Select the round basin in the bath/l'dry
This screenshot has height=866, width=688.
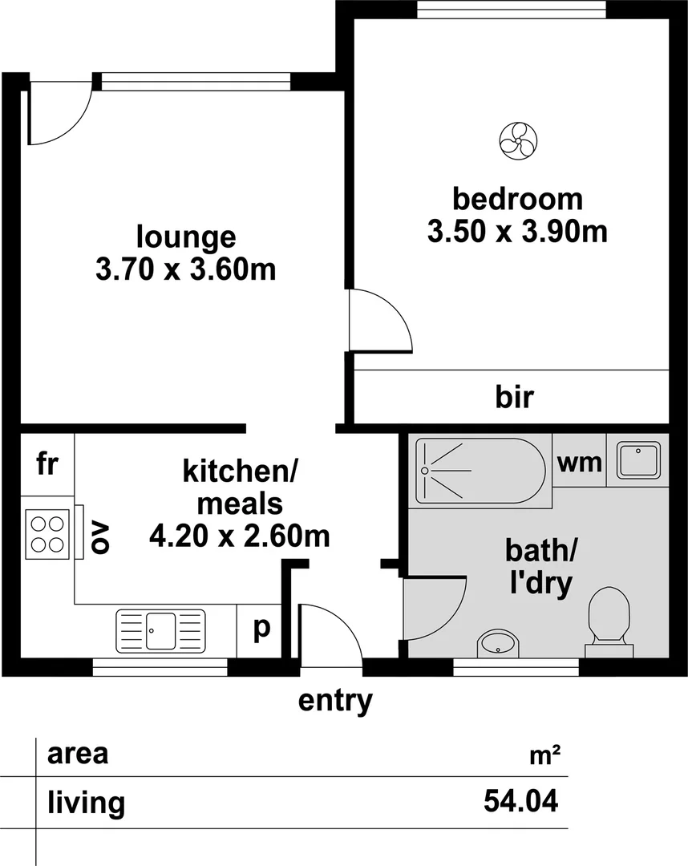pyautogui.click(x=498, y=643)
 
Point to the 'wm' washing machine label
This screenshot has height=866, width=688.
pyautogui.click(x=580, y=463)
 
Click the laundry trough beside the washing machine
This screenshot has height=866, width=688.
pyautogui.click(x=637, y=461)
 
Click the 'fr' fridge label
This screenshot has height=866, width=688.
pyautogui.click(x=47, y=463)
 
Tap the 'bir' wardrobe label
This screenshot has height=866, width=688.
pyautogui.click(x=513, y=397)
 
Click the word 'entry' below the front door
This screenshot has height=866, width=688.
pyautogui.click(x=335, y=700)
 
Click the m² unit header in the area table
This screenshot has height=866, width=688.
pyautogui.click(x=544, y=755)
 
